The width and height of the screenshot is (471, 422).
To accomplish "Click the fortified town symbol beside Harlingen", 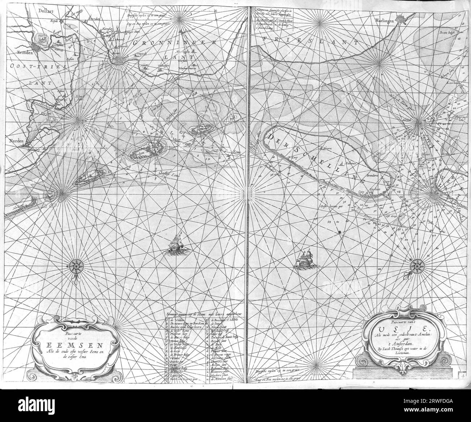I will coord(401,19).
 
